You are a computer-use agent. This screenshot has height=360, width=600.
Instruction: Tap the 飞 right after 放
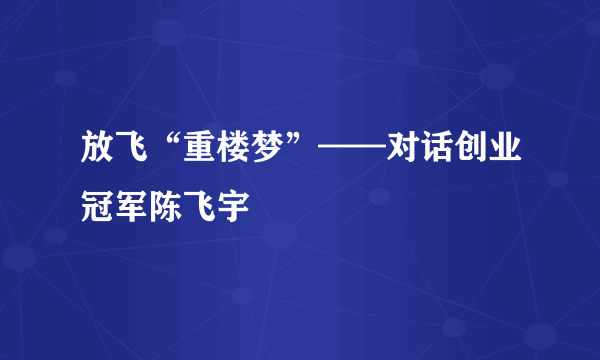[x=129, y=157]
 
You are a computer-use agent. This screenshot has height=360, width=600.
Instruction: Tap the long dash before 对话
[x=351, y=158]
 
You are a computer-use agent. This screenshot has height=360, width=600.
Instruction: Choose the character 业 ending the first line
[x=505, y=157]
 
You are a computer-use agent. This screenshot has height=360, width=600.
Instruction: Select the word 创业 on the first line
[x=488, y=157]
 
